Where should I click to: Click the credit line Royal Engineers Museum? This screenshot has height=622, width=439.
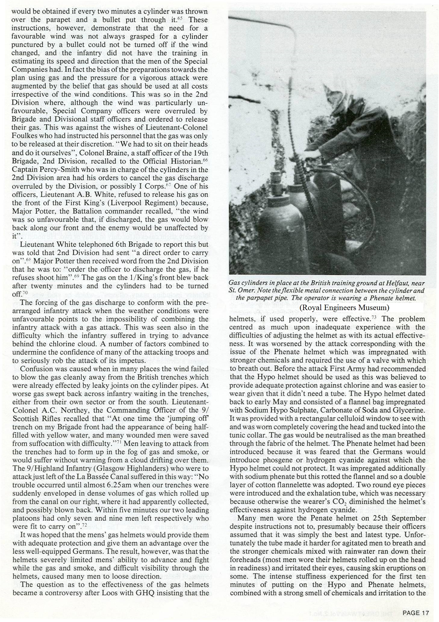[x=344, y=308]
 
